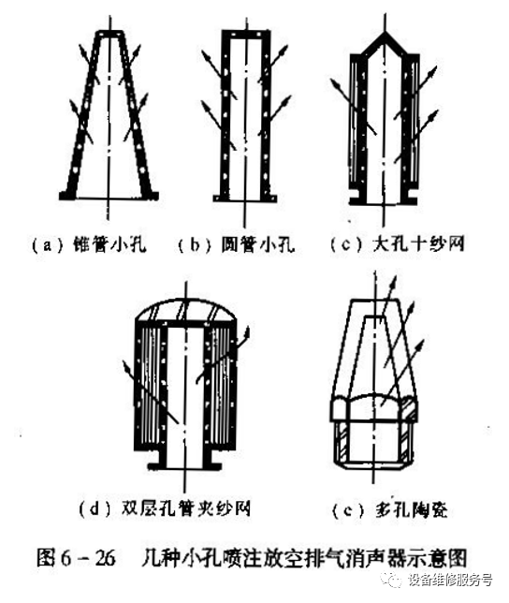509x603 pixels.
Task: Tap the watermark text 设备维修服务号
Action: [x=450, y=581]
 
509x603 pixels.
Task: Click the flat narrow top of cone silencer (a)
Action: [x=109, y=35]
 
